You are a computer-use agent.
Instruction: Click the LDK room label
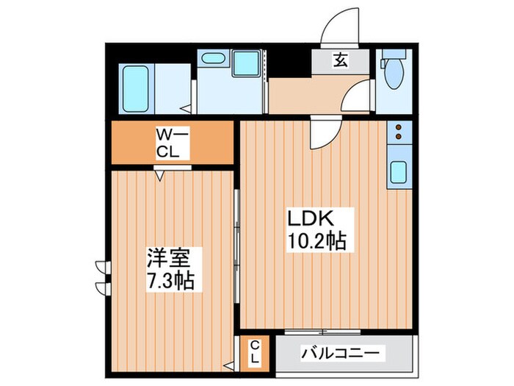[x=311, y=218]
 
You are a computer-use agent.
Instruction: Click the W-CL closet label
[x=172, y=143]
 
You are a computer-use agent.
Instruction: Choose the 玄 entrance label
[x=341, y=61]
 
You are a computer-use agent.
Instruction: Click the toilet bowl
[x=395, y=71]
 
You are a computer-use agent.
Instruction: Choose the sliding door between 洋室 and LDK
[x=236, y=246]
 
